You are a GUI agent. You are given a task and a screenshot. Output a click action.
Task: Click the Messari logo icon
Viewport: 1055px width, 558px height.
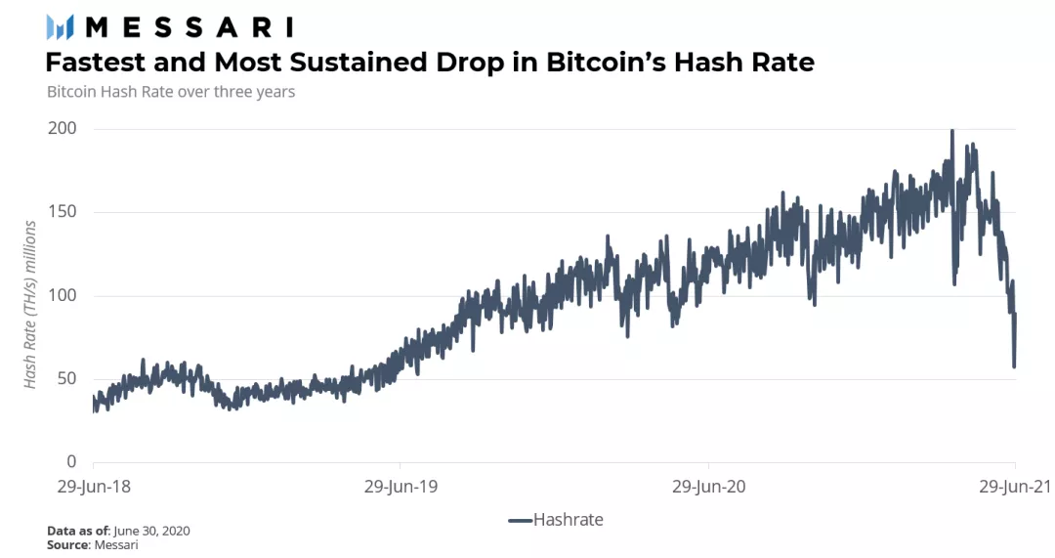pos(61,26)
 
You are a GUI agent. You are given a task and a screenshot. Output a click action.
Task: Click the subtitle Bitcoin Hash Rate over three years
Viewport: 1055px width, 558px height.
pos(171,92)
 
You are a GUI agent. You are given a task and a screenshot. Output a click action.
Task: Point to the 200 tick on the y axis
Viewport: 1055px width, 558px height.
pos(63,129)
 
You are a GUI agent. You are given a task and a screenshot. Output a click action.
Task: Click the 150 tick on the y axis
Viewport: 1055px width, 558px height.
pos(63,212)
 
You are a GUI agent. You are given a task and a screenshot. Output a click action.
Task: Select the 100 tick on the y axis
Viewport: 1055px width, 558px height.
pos(63,295)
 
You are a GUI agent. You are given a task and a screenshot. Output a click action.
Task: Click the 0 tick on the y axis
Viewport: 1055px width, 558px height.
pos(72,462)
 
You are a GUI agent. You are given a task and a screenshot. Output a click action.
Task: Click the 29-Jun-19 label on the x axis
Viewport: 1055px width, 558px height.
pos(400,485)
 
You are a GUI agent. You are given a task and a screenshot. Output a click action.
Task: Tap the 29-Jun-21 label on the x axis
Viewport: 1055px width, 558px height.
pos(1015,485)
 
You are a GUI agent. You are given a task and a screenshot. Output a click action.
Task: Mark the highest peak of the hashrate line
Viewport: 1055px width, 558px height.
pos(952,131)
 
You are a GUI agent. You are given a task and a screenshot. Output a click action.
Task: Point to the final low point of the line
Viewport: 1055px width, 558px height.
pos(1014,366)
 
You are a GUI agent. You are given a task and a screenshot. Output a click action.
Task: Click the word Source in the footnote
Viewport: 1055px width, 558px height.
pos(67,544)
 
